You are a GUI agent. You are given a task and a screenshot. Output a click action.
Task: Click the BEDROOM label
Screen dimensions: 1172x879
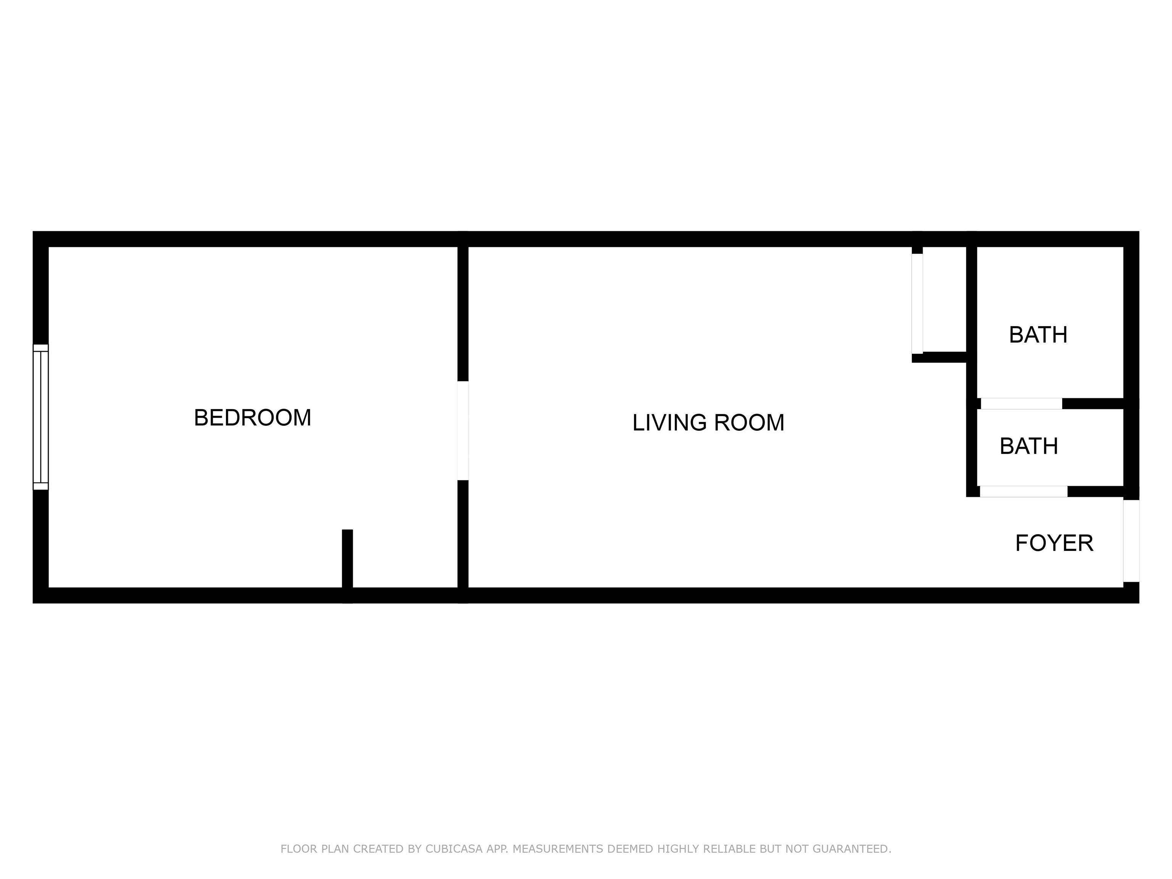pyautogui.click(x=252, y=417)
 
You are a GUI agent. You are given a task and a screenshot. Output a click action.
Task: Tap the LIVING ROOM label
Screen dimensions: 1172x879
pyautogui.click(x=708, y=422)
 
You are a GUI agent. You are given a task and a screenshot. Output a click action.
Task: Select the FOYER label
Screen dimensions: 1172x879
pyautogui.click(x=1054, y=543)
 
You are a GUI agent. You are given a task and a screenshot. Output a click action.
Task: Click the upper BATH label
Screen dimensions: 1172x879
pyautogui.click(x=1038, y=335)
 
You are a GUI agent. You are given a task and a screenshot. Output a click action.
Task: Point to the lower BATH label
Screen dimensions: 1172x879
pyautogui.click(x=1029, y=446)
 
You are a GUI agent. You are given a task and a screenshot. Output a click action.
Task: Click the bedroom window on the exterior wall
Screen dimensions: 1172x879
pyautogui.click(x=41, y=417)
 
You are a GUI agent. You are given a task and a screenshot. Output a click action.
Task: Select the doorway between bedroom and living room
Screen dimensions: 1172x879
pyautogui.click(x=463, y=430)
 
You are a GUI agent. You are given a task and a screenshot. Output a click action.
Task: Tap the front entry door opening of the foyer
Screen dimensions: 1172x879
pyautogui.click(x=1131, y=541)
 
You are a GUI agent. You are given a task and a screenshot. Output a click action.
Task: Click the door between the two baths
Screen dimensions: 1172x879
pyautogui.click(x=1021, y=404)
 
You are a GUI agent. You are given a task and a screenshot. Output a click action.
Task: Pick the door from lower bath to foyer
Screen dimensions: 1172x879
pyautogui.click(x=1023, y=491)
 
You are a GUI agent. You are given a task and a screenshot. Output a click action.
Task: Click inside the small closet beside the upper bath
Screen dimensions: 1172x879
pyautogui.click(x=945, y=299)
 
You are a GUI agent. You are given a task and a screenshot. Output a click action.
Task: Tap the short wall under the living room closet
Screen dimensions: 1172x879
pyautogui.click(x=939, y=357)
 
